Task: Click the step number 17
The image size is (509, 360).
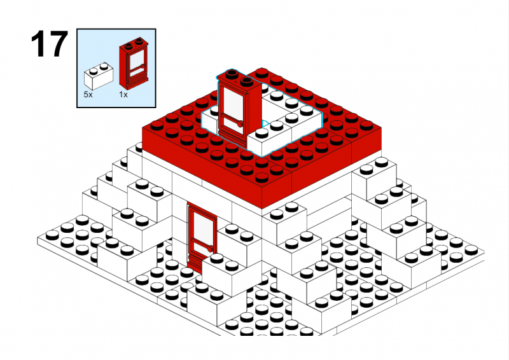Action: (x=50, y=44)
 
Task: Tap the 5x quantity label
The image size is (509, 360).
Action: (x=88, y=95)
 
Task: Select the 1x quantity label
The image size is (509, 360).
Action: (x=123, y=95)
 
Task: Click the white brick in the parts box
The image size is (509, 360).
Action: (x=99, y=76)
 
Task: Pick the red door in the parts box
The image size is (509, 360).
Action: (x=134, y=64)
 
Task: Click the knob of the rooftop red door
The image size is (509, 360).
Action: (x=240, y=124)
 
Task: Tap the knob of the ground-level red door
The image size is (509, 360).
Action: (x=209, y=249)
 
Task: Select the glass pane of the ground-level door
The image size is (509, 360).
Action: (x=203, y=227)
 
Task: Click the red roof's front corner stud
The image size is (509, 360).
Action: (x=261, y=177)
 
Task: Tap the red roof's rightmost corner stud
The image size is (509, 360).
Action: (x=367, y=124)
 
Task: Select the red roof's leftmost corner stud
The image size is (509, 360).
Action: (x=157, y=125)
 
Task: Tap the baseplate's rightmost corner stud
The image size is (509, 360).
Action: (x=471, y=249)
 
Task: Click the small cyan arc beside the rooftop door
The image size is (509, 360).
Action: (x=265, y=123)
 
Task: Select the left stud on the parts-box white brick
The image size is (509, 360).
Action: (x=94, y=70)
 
